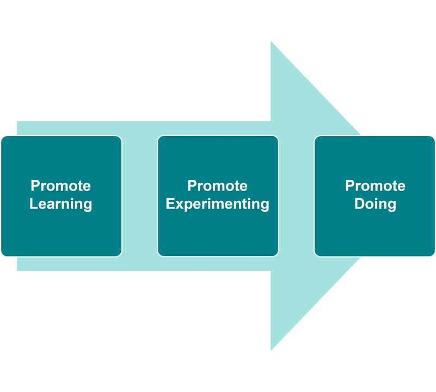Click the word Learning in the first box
60,204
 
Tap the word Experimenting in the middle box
217,204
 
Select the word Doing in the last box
375,204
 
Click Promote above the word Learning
60,186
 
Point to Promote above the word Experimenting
217,186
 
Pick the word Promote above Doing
375,186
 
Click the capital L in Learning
33,204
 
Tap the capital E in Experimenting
170,204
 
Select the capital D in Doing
360,204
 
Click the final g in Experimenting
265,206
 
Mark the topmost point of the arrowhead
271,41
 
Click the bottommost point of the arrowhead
271,351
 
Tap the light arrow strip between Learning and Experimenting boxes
139,196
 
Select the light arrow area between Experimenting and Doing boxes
297,196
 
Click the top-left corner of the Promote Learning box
2,136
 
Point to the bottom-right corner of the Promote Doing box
434,256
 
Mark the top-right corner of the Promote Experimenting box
278,136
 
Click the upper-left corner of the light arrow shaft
17,121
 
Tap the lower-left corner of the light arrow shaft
17,271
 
